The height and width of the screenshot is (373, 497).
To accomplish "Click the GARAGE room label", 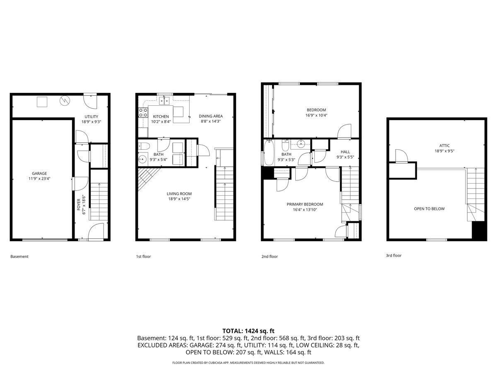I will coord(39,173).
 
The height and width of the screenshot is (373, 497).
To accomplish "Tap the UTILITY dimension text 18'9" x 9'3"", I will coord(91,122).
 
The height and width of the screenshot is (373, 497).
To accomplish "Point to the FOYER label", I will coord(79,203).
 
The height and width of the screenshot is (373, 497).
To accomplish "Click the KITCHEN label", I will coord(161,116).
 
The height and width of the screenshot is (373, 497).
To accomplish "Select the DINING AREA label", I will coord(211,116).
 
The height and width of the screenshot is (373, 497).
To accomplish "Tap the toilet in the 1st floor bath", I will coord(143,145).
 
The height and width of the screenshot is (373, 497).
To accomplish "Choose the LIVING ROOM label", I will coord(179,194).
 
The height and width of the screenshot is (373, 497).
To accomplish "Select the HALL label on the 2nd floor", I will coord(345,152).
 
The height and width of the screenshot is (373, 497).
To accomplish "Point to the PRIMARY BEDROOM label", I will coord(305,204).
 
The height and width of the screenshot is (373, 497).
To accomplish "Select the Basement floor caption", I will coord(19,257).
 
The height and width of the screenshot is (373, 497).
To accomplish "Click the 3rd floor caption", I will coord(393,256).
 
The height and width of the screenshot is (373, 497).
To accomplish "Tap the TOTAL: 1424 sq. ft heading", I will coord(248,331).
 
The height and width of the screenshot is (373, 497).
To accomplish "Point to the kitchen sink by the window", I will coord(165,100).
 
